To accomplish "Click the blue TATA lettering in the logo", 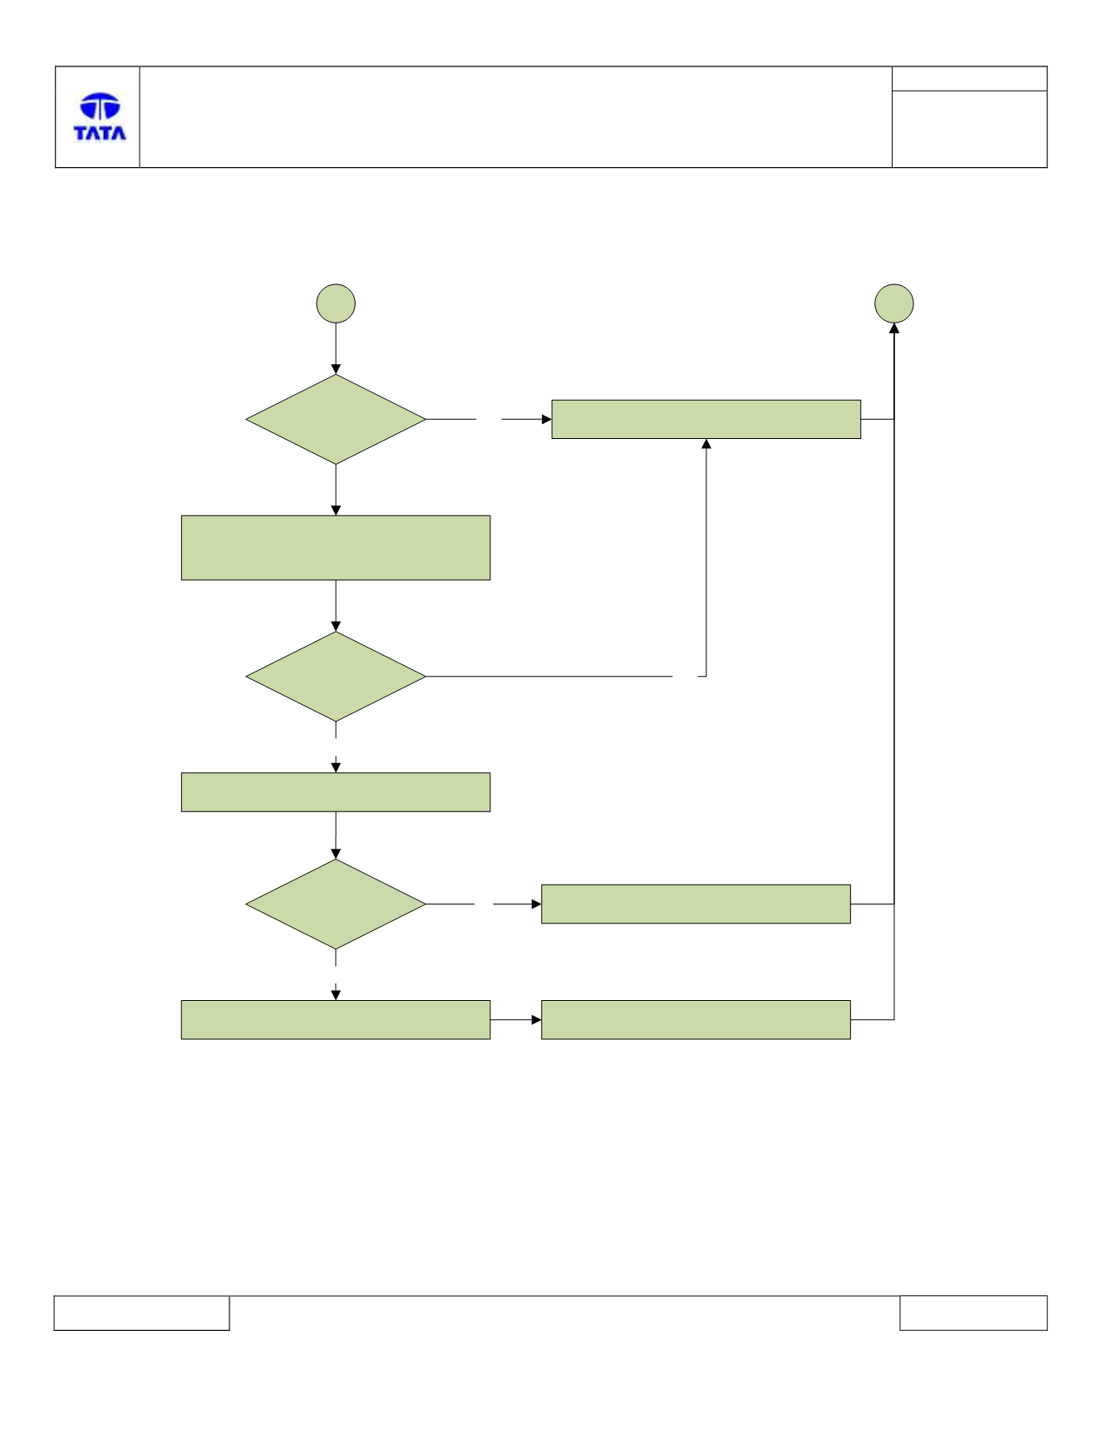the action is (x=100, y=133).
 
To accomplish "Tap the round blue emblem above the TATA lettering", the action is (x=100, y=106).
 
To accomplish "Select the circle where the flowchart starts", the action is (x=336, y=303).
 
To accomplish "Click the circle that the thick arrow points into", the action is (x=894, y=303).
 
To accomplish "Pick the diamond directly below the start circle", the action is (x=336, y=419).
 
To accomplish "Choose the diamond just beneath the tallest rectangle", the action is (x=336, y=677).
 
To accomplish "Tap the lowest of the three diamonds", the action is (x=336, y=904).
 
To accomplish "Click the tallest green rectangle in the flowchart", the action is (x=336, y=548).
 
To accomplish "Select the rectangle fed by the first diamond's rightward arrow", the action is (x=706, y=419).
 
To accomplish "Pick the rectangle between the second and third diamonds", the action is (x=336, y=792).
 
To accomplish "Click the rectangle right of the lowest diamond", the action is (x=696, y=904).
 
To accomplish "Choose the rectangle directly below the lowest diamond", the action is (x=336, y=1020).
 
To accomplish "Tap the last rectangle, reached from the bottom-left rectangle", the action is (x=696, y=1020).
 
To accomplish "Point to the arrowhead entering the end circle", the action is (x=894, y=329).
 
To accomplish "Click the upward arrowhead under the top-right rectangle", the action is (x=706, y=444).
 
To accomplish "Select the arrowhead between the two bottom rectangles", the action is (x=536, y=1020).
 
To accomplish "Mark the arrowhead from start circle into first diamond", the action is (x=336, y=369).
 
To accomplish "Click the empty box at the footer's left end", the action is (x=141, y=1313).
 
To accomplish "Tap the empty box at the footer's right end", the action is (x=973, y=1313).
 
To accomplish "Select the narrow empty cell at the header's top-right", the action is (x=969, y=79).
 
